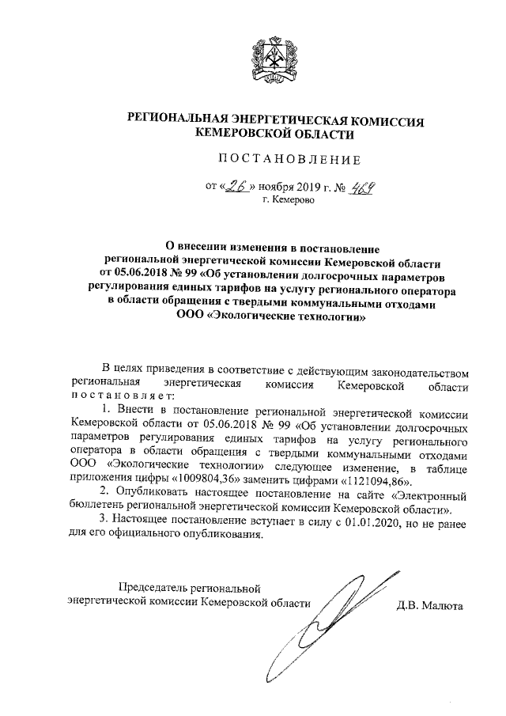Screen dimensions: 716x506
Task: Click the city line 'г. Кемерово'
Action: pyautogui.click(x=289, y=202)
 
